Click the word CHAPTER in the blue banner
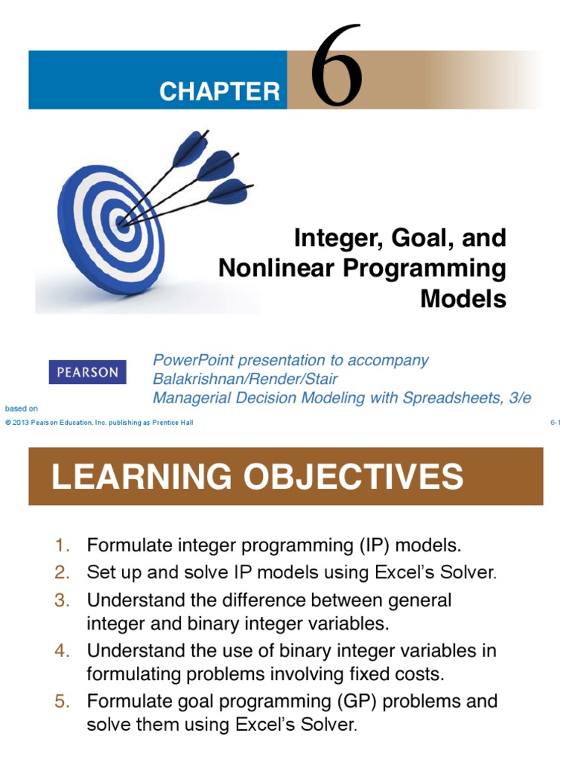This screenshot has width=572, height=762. click(220, 92)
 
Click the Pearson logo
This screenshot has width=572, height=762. click(87, 372)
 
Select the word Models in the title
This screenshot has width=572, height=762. click(463, 298)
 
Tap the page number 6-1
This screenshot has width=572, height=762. click(555, 423)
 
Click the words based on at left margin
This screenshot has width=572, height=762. click(21, 409)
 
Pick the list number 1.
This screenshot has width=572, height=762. click(63, 545)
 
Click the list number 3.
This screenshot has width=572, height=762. click(63, 600)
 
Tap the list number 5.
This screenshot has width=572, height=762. click(63, 701)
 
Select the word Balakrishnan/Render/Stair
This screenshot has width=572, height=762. click(245, 379)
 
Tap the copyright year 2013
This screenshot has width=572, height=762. click(21, 423)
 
